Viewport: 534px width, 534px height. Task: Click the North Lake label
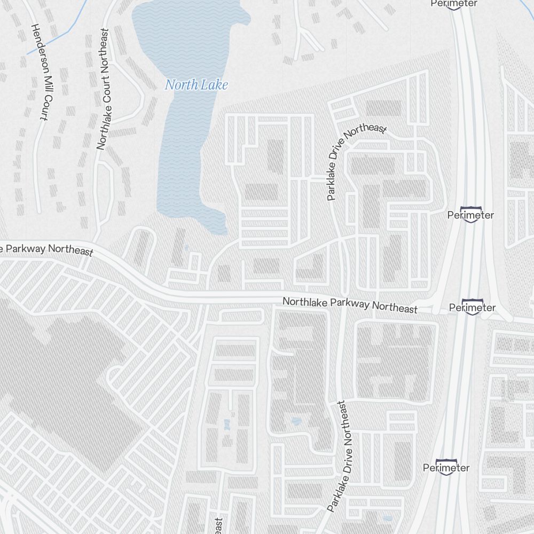point(196,85)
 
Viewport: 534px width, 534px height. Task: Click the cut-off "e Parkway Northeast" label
point(46,249)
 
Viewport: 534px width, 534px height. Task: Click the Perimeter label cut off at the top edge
point(454,4)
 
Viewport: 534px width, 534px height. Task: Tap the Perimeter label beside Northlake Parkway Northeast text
point(472,308)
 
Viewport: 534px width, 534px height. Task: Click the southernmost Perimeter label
point(446,468)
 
